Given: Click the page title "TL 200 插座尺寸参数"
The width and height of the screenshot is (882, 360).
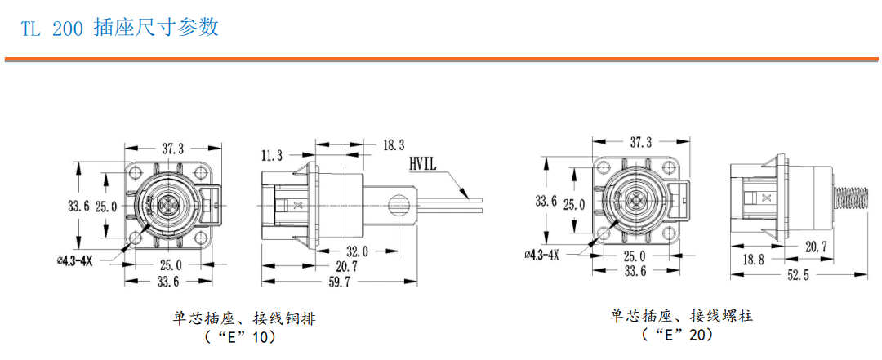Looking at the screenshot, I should (119, 27).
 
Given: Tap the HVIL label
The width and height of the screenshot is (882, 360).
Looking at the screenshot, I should (425, 163).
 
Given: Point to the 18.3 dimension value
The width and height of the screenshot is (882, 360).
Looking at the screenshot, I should (393, 144).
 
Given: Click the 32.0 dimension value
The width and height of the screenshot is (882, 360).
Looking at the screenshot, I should (357, 251).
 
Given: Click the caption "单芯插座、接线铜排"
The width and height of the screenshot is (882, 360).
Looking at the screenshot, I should (243, 318).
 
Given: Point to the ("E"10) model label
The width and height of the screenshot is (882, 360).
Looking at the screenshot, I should (243, 336).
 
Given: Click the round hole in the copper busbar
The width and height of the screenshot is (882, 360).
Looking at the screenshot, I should (399, 202).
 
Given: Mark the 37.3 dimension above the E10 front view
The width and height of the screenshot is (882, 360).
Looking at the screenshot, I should (172, 148).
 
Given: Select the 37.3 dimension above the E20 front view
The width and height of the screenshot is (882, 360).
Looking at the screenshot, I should (641, 141).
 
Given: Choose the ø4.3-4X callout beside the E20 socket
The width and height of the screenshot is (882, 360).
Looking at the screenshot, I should (541, 255).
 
